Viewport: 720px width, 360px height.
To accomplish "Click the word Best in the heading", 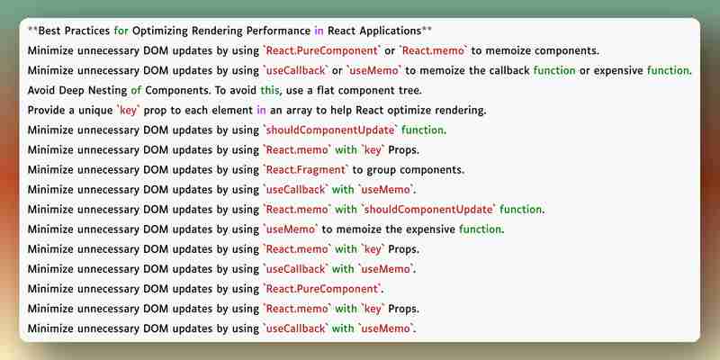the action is click(x=49, y=31).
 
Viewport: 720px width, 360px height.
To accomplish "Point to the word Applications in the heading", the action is click(x=391, y=31).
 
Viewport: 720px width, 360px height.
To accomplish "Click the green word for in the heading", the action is click(x=121, y=31).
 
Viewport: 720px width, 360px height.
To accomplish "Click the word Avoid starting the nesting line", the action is click(x=41, y=91).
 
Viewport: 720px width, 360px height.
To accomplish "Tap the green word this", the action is click(x=270, y=91).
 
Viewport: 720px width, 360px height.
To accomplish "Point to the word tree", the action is click(x=410, y=91).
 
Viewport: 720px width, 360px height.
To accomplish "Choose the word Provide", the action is click(x=47, y=110).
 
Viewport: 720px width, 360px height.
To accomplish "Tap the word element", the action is click(x=231, y=110).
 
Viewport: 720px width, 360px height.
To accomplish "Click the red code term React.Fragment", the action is click(x=306, y=170).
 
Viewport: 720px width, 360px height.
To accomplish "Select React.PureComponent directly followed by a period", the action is click(x=322, y=289).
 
